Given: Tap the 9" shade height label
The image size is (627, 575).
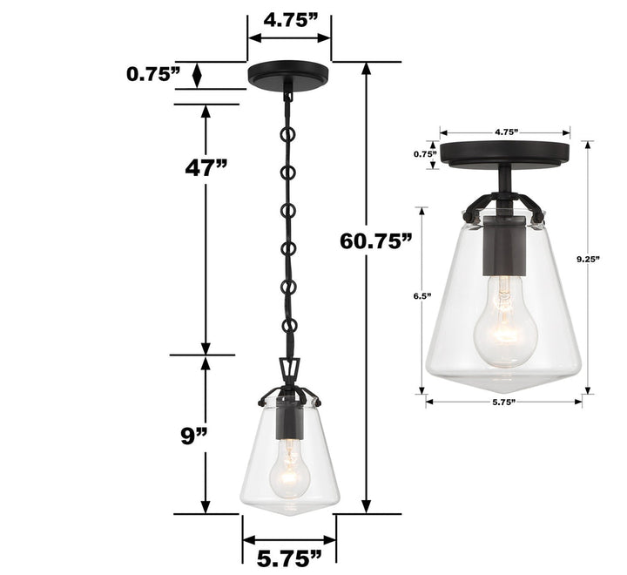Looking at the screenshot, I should coord(197,435).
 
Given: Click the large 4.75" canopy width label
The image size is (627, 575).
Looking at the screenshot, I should coord(289,20).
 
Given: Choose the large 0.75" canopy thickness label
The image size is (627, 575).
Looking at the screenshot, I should coord(153,74).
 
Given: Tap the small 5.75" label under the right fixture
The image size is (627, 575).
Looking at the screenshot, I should coord(504,402).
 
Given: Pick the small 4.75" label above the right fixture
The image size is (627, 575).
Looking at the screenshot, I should coord(506,132).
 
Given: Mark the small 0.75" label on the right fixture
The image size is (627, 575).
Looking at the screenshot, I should coord(424,153).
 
